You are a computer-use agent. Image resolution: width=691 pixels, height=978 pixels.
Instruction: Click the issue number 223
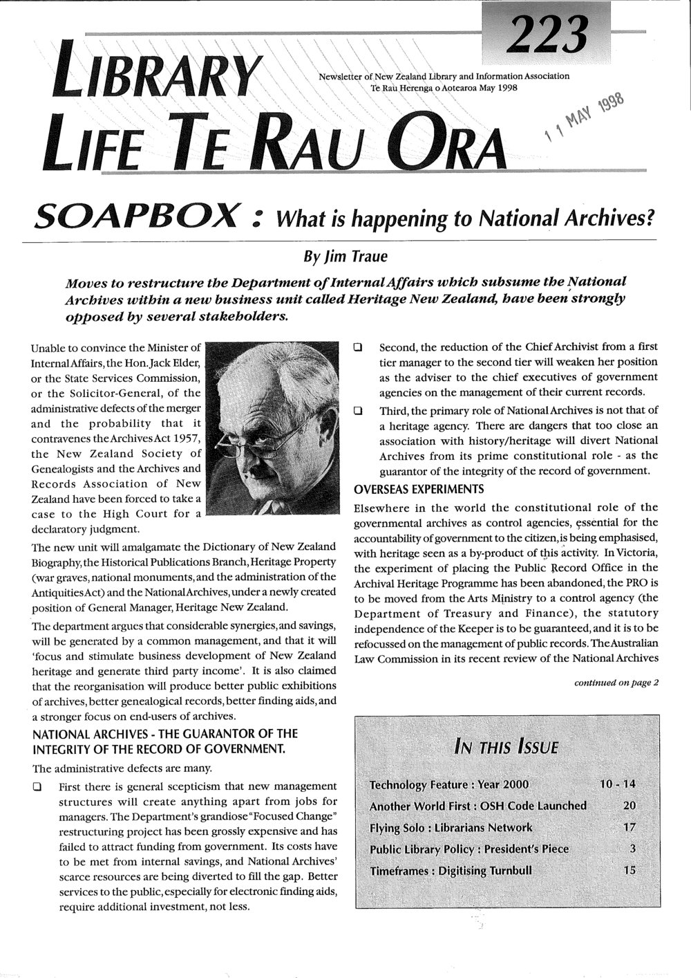point(549,30)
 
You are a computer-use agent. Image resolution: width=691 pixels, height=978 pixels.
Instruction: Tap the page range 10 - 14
point(616,784)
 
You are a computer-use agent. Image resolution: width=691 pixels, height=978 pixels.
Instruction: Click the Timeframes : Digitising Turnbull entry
point(451,870)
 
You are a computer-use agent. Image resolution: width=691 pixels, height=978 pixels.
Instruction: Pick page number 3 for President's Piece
point(632,849)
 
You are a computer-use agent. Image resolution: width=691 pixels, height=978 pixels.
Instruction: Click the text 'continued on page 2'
point(617,683)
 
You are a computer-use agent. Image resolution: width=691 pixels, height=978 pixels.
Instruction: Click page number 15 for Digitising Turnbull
point(629,870)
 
